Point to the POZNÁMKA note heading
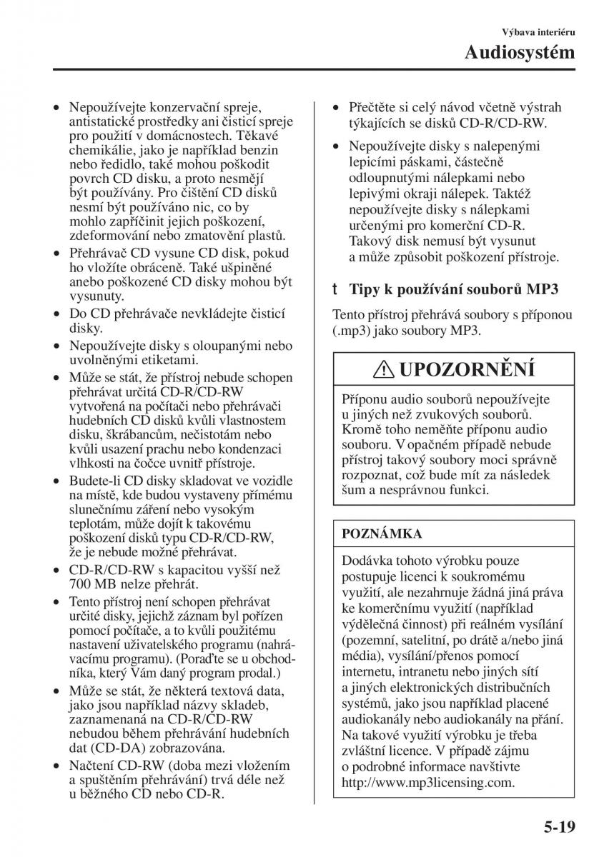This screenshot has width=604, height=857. (x=382, y=533)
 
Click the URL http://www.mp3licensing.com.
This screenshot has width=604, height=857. (x=428, y=782)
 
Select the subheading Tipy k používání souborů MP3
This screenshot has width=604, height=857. (x=453, y=289)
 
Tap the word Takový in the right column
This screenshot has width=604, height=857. (x=370, y=241)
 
